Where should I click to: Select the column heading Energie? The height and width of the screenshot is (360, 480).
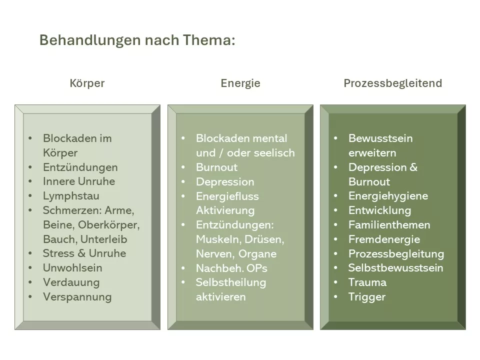click(240, 83)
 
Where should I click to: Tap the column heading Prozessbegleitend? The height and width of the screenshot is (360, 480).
click(393, 83)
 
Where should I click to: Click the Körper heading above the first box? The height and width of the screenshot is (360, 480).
click(87, 83)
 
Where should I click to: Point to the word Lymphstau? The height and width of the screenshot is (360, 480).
click(71, 196)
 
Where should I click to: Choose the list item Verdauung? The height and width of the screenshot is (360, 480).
click(71, 282)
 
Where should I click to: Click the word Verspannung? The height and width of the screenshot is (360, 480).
click(77, 297)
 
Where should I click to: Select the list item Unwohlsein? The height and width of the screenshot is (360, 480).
click(72, 268)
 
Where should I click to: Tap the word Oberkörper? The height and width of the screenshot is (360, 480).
click(108, 225)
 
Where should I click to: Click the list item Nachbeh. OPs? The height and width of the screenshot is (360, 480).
click(231, 268)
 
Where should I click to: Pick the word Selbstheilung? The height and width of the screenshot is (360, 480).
click(231, 282)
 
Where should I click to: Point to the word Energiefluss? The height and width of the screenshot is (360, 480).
click(227, 196)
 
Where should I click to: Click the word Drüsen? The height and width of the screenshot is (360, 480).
click(264, 239)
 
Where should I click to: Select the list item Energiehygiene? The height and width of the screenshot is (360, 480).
click(388, 196)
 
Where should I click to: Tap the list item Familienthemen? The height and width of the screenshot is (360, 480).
click(389, 225)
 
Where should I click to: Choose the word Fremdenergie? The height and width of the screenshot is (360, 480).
click(384, 239)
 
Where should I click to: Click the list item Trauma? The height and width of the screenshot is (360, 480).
click(367, 282)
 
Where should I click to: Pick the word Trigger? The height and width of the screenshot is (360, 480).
click(367, 297)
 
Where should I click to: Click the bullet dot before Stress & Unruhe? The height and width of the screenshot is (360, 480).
click(30, 253)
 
